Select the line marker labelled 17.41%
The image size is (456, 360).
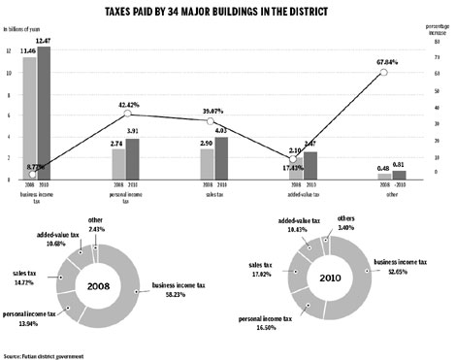[x=294, y=160]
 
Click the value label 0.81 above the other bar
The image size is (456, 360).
[x=398, y=166]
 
